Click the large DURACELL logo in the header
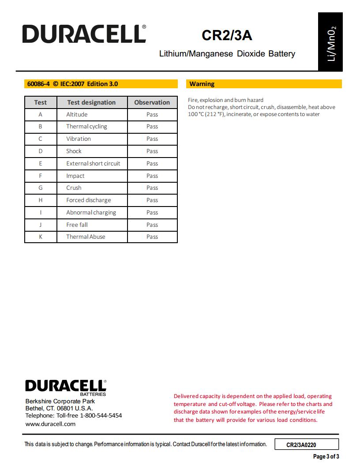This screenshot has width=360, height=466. coord(84,34)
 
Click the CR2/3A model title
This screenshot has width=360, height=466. coord(227,35)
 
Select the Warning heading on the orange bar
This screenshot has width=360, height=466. coord(202,84)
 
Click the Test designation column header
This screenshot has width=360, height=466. coord(91,102)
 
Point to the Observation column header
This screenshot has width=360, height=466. coord(152,102)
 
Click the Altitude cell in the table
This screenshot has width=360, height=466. coord(77,114)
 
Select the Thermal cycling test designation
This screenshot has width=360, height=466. coord(86,127)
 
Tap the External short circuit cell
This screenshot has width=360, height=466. coord(93,163)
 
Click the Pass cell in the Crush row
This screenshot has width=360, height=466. coord(152,188)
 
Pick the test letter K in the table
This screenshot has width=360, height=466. coord(41,237)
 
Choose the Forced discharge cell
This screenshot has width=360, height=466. coord(89,200)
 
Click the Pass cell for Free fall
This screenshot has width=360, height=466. coord(152,225)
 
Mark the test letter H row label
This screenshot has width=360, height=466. coord(41,200)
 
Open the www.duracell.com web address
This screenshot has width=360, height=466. coord(50,424)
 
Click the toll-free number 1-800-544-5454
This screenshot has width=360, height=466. coord(101,416)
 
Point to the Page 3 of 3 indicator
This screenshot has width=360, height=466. coord(326,457)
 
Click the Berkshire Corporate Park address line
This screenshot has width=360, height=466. coord(60,402)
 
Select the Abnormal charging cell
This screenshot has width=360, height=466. coord(91,213)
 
